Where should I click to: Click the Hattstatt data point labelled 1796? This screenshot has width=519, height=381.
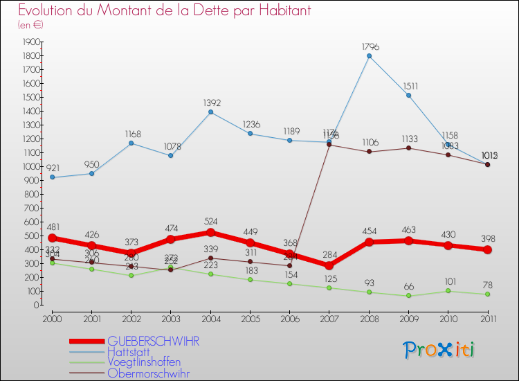(x=369, y=56)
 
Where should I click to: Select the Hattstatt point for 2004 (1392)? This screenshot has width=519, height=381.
(x=210, y=112)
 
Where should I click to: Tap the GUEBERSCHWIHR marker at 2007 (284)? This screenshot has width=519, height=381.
(x=329, y=265)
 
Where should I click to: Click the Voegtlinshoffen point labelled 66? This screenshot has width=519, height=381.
(x=408, y=296)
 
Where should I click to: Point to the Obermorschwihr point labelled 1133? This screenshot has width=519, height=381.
(x=408, y=148)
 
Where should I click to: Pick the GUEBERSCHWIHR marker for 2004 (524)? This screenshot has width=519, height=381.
(x=210, y=232)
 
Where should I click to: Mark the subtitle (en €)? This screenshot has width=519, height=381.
(x=30, y=25)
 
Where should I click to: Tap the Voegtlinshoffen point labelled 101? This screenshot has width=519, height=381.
(x=448, y=291)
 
